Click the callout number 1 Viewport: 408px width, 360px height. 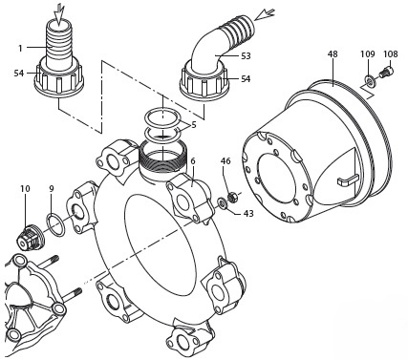(20, 49)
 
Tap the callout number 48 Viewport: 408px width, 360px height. (333, 54)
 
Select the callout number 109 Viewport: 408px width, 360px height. (368, 54)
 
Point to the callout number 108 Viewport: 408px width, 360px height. (391, 54)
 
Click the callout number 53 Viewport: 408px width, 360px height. (246, 56)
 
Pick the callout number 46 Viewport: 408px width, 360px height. (225, 161)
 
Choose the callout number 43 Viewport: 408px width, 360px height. (248, 213)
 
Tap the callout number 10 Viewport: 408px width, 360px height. (25, 189)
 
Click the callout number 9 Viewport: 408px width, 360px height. (52, 189)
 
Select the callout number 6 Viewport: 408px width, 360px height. (193, 161)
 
